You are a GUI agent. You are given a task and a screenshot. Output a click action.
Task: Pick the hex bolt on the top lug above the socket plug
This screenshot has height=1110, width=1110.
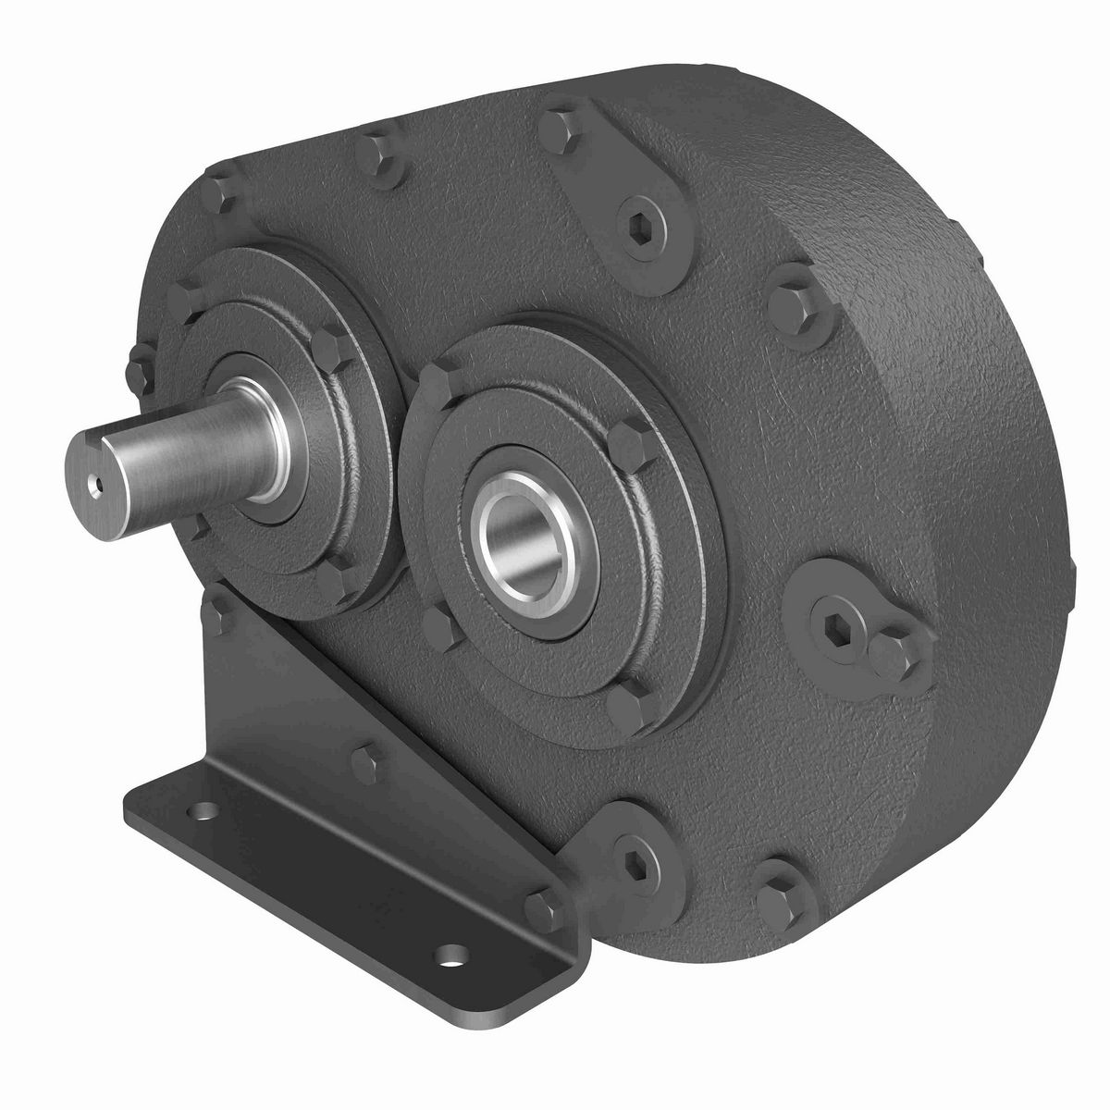(558, 129)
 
